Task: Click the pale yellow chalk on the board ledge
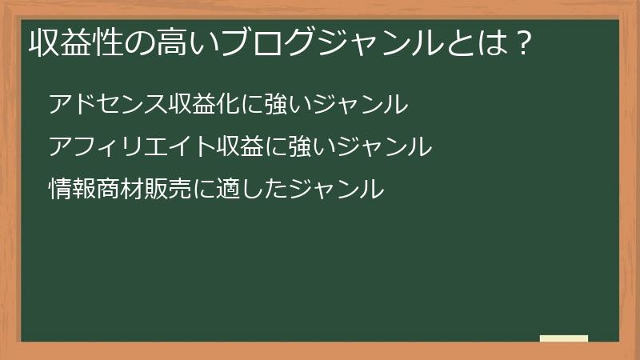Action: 564,338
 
